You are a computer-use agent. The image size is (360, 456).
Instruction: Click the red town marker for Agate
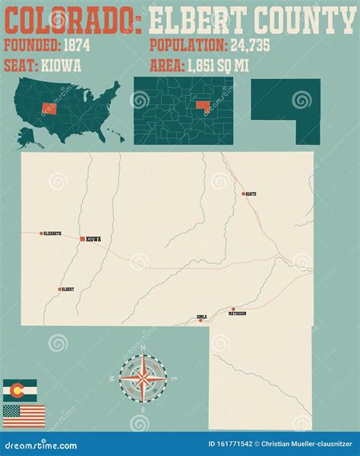[x=243, y=193]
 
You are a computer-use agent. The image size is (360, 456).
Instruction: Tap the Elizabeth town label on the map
[x=52, y=234]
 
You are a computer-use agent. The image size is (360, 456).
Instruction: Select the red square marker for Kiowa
[x=81, y=239]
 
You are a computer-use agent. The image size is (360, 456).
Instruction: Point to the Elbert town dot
[x=59, y=289]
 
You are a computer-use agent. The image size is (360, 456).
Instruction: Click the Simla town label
[x=201, y=316]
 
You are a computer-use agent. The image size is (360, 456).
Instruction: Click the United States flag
[x=24, y=416]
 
